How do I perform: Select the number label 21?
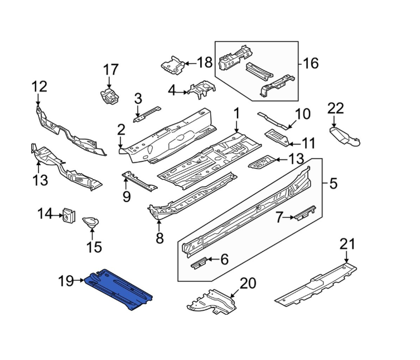tap(347, 244)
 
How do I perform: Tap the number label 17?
tap(111, 70)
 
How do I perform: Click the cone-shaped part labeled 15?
tap(91, 223)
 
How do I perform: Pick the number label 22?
tap(336, 108)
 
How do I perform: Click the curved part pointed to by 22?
tap(345, 136)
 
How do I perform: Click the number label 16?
tap(310, 63)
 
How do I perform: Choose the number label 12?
tap(39, 87)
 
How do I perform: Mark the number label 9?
tap(126, 196)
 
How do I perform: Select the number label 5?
tap(334, 183)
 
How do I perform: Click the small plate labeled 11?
tap(277, 136)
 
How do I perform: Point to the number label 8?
tap(160, 239)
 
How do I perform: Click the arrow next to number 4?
tap(184, 90)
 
